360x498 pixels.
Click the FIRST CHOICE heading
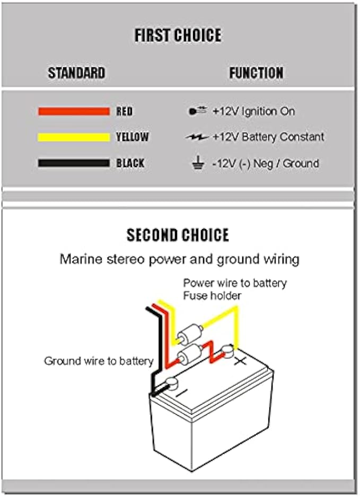pyautogui.click(x=178, y=36)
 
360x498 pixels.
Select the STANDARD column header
pyautogui.click(x=76, y=73)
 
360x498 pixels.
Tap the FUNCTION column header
pyautogui.click(x=256, y=73)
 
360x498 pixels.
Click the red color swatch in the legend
pyautogui.click(x=73, y=111)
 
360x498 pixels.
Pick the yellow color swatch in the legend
pyautogui.click(x=73, y=137)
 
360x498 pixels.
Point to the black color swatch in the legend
pyautogui.click(x=73, y=163)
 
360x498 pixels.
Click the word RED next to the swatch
pyautogui.click(x=125, y=111)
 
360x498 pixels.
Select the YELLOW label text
pyautogui.click(x=133, y=137)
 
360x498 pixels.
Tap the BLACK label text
pyautogui.click(x=130, y=163)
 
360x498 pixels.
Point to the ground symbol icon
pyautogui.click(x=197, y=163)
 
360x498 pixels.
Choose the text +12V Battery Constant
pyautogui.click(x=268, y=137)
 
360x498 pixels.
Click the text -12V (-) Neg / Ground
pyautogui.click(x=266, y=163)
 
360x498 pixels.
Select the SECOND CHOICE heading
pyautogui.click(x=178, y=235)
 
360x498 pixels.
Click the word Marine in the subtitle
pyautogui.click(x=77, y=259)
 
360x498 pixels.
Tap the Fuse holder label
pyautogui.click(x=212, y=295)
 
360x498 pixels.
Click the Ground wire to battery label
pyautogui.click(x=99, y=361)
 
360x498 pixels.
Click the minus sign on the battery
pyautogui.click(x=181, y=394)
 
